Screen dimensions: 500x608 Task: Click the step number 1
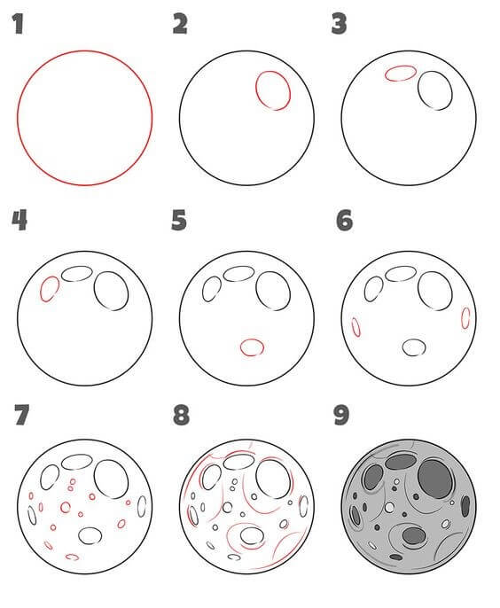click(x=18, y=24)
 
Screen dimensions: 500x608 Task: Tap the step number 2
click(x=180, y=24)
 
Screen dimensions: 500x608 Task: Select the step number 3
click(x=339, y=24)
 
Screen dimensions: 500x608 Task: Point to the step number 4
click(x=20, y=220)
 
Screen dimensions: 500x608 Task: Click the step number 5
click(x=179, y=220)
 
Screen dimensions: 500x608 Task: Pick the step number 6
click(x=345, y=220)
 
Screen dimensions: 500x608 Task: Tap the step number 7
click(x=22, y=415)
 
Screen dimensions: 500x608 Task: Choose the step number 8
click(x=181, y=415)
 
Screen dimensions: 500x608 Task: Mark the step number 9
click(x=341, y=415)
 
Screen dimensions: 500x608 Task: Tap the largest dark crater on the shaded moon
click(x=435, y=479)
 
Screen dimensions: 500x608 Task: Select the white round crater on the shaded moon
click(x=389, y=507)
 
